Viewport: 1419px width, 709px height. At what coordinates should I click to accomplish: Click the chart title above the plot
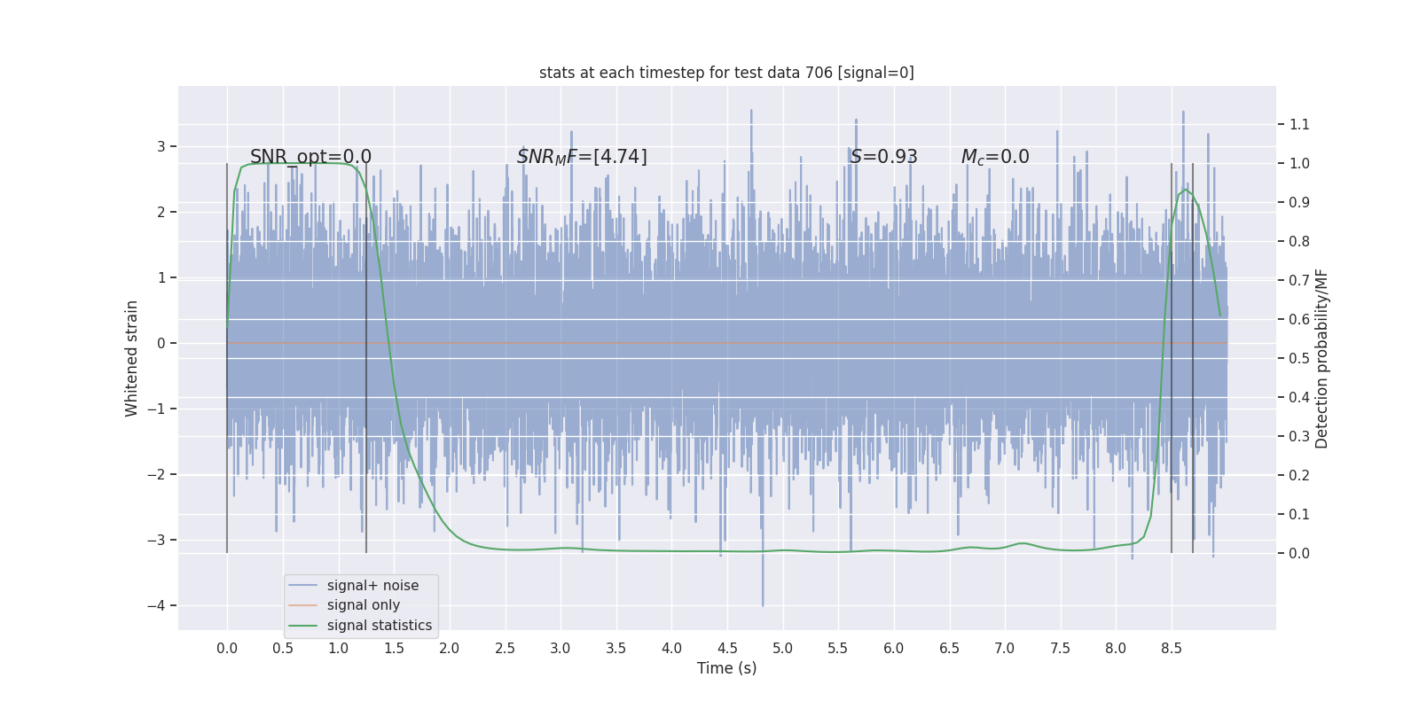coord(726,73)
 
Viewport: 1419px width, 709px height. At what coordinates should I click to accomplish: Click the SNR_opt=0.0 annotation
coord(310,157)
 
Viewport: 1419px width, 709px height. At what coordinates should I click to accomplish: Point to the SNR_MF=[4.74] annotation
coord(582,157)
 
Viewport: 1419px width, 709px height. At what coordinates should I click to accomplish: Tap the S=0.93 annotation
coord(883,157)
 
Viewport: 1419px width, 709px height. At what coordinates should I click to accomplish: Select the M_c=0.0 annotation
coord(995,157)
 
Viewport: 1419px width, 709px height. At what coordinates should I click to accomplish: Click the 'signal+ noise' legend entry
coord(372,586)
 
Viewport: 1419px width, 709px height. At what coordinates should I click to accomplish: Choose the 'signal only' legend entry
coord(363,605)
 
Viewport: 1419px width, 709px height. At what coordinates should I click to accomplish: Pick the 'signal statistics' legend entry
coord(379,626)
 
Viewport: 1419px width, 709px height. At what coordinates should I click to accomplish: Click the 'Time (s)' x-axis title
coord(726,668)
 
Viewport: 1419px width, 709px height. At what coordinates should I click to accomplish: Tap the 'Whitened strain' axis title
coord(132,358)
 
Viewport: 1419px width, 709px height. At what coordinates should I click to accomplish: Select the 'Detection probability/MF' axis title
coord(1321,358)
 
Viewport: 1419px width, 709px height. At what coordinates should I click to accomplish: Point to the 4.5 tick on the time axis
coord(727,648)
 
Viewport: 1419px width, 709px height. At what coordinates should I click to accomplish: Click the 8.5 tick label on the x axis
coord(1172,648)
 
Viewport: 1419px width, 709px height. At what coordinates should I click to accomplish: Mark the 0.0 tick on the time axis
coord(227,648)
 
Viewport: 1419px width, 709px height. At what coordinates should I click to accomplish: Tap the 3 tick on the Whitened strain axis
coord(161,146)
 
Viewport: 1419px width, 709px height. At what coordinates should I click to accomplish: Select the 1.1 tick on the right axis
coord(1299,124)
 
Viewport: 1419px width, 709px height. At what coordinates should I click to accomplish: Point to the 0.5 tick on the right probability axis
coord(1299,358)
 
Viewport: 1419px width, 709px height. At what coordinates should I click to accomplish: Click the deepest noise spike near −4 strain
coord(763,604)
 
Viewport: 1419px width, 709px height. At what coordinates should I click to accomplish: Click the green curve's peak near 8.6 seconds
coord(1185,190)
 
